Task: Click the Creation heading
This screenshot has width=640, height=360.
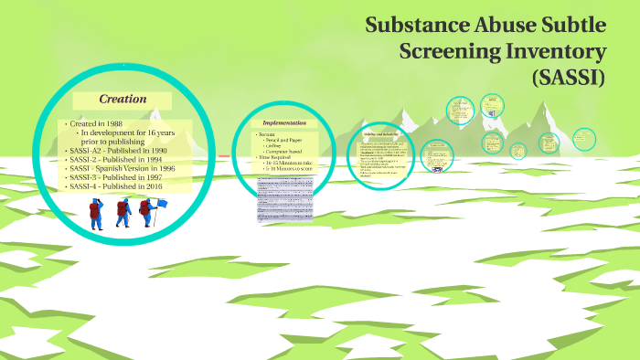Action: click(123, 99)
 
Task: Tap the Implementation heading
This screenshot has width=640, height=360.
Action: click(285, 122)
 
